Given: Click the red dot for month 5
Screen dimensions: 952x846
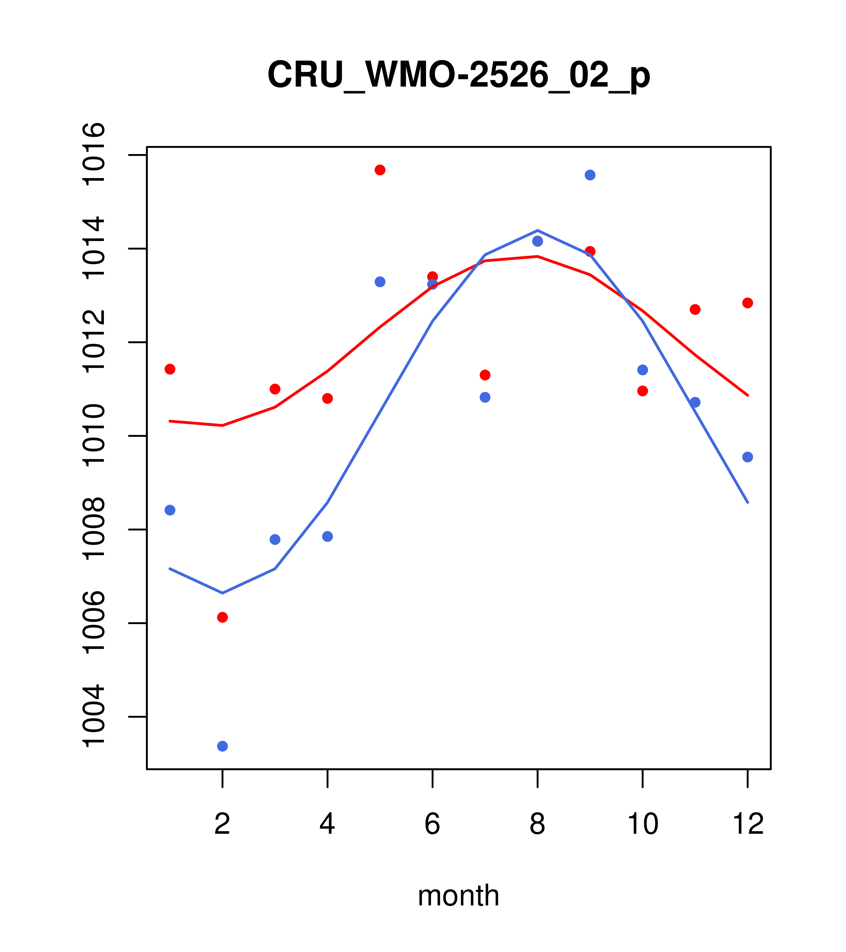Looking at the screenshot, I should [380, 170].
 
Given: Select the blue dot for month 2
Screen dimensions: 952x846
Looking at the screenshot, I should [223, 746].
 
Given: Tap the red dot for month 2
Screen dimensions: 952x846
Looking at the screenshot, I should [223, 617].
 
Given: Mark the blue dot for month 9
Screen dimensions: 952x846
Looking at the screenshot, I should [590, 175].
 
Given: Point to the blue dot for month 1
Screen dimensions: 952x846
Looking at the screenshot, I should [170, 510].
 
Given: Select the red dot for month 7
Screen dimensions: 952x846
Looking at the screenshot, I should [485, 375].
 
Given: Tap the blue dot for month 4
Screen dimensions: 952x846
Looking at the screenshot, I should [327, 537].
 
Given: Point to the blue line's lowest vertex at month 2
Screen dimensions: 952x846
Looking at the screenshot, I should [223, 593].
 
